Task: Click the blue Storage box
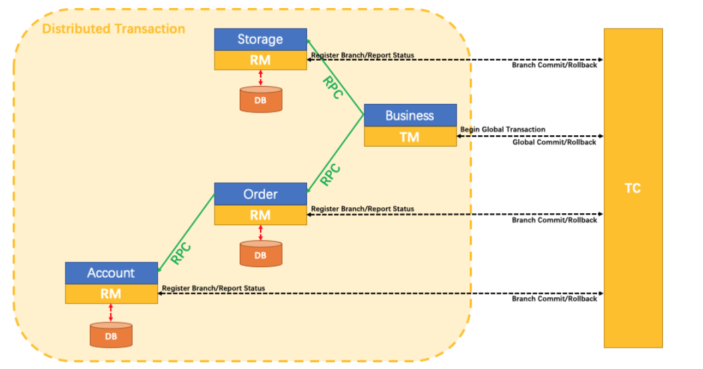260,39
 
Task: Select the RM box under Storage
260,60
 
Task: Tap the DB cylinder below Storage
260,99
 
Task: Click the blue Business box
410,115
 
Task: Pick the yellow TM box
410,137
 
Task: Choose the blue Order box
260,194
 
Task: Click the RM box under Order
260,214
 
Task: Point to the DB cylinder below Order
260,254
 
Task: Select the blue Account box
111,272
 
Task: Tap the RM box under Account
111,293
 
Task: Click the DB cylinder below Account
111,335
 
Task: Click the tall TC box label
632,188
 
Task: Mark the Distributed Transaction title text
113,29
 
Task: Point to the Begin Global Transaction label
502,129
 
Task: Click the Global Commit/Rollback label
554,142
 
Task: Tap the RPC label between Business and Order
331,175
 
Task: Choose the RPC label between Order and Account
181,253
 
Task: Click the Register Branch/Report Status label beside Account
213,288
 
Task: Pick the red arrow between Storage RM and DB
260,78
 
